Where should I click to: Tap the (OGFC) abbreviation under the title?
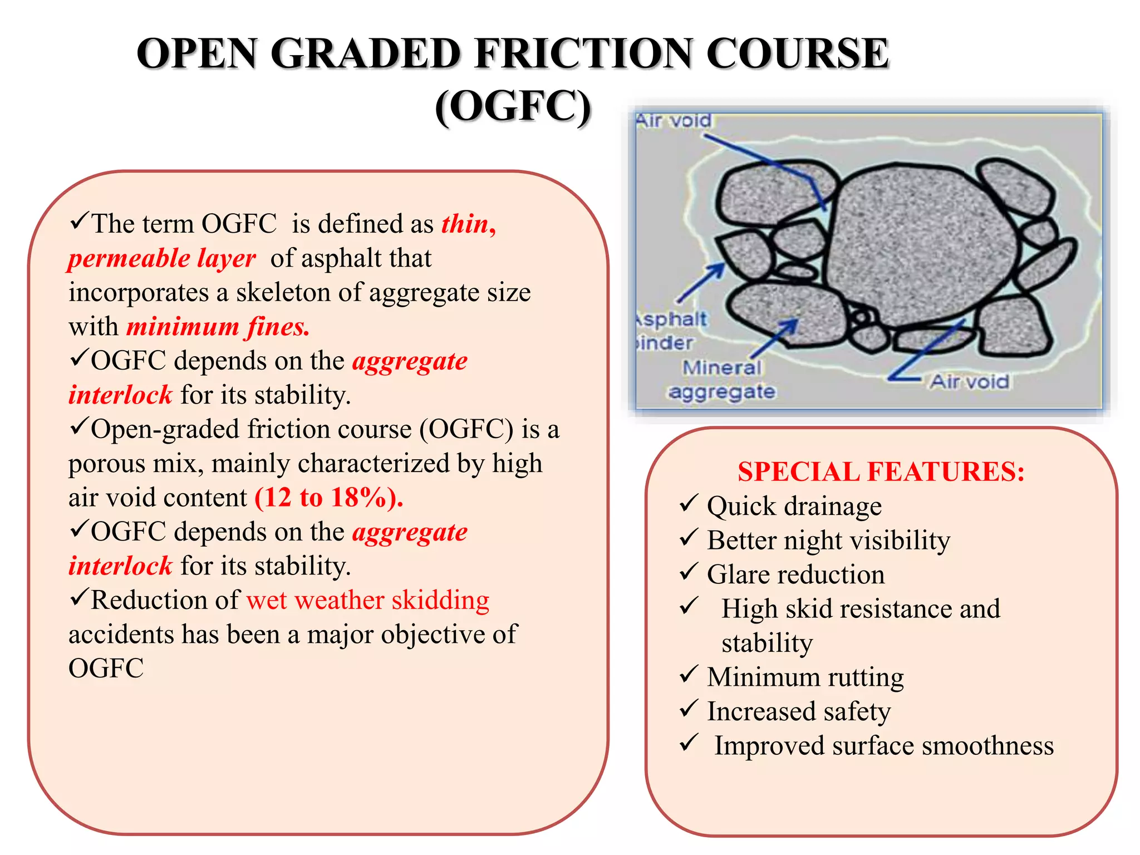click(513, 106)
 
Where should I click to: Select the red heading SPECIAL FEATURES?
click(881, 471)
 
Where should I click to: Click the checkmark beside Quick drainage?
click(689, 504)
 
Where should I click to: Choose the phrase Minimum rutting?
click(805, 677)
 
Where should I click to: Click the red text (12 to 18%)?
click(328, 498)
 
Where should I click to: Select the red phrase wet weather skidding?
click(367, 601)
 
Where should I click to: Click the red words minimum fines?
click(218, 327)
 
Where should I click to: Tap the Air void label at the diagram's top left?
click(674, 121)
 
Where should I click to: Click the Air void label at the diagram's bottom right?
click(970, 382)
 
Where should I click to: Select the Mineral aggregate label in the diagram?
click(722, 380)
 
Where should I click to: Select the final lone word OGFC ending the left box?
click(106, 669)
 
